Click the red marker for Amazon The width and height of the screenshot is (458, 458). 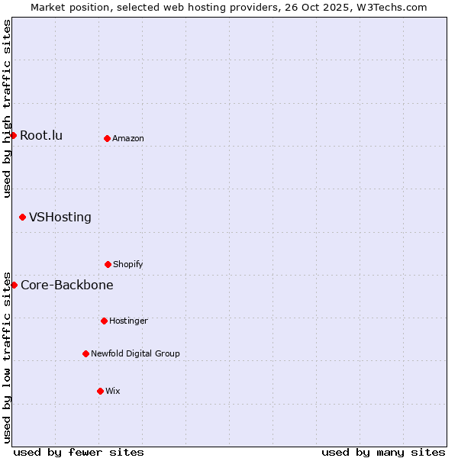coord(107,138)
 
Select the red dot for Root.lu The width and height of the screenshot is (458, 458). coord(13,135)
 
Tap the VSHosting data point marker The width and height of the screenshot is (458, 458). coord(22,217)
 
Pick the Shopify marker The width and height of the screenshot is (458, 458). coord(108,264)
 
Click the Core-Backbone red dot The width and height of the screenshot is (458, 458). coord(14,285)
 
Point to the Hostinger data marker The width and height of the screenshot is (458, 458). coord(104,321)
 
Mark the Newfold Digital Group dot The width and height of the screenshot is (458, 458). coord(85,353)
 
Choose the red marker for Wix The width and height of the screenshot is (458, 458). coord(100,391)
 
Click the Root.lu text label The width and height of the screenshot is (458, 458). coord(41,136)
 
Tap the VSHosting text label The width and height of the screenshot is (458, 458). coord(60,217)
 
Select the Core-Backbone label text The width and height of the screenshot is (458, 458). coord(66,285)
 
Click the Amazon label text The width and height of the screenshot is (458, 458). coord(128,139)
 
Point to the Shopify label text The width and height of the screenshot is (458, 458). coord(128,265)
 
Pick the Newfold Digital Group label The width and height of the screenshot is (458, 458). coord(135,354)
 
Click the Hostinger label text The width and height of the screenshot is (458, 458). coord(128,321)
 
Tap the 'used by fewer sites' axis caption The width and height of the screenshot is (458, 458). coord(79,452)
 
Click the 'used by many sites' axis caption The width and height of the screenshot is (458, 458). coord(383,452)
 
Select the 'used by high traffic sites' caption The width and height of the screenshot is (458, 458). coord(7,108)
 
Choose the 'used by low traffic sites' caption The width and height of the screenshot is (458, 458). coord(7,357)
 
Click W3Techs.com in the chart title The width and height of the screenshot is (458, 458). coord(390,7)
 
